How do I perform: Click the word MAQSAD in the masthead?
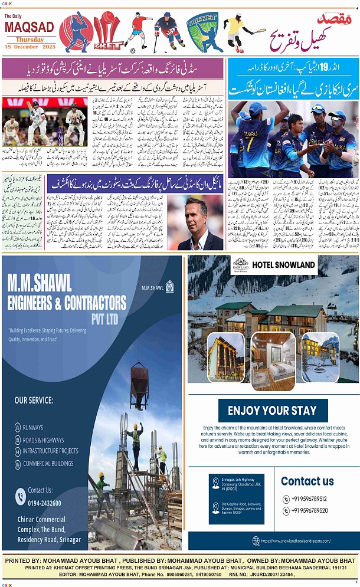30,28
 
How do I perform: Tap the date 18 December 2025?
30,47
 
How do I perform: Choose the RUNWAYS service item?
33,428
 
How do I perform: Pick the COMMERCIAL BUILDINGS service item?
48,464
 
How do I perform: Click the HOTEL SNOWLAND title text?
284,265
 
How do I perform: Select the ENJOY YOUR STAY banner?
272,411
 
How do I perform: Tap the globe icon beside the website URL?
256,540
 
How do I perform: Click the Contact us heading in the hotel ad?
307,481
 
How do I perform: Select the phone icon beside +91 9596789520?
286,511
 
